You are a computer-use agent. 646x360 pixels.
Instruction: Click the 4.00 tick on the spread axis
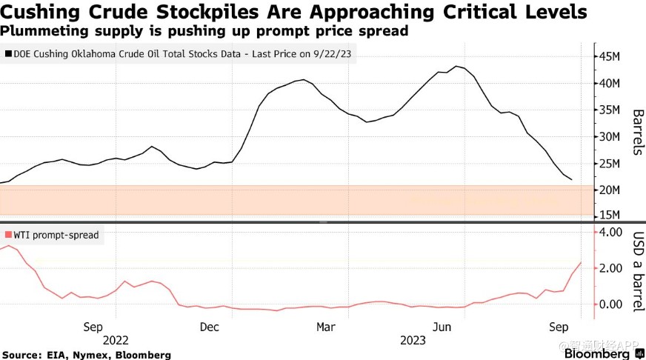(613, 233)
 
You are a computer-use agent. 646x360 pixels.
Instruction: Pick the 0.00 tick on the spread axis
(613, 304)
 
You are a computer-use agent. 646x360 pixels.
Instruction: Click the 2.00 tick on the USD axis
(613, 269)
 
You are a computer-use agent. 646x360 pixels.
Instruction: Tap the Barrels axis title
(636, 132)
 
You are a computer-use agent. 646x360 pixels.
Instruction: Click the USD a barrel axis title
(636, 271)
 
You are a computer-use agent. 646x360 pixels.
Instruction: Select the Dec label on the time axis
(210, 327)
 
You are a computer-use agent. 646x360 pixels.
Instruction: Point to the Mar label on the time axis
(326, 327)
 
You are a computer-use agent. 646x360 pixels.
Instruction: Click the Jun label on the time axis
(442, 327)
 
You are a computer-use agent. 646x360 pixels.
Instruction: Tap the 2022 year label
(116, 340)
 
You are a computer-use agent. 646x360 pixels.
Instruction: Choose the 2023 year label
(412, 340)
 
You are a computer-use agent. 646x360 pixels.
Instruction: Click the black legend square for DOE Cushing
(7, 54)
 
